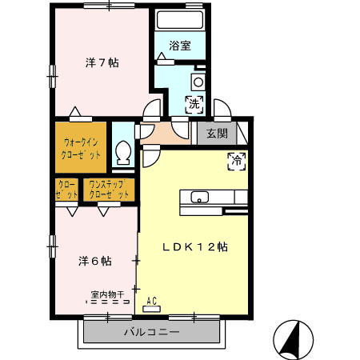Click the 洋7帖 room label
click(102, 62)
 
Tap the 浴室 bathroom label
click(181, 46)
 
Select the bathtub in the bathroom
click(180, 21)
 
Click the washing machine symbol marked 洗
click(194, 102)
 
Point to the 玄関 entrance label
click(218, 134)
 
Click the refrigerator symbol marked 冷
click(237, 159)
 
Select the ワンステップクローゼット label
click(109, 190)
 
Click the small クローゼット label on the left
click(67, 190)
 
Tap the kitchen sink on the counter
click(199, 198)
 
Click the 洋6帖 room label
click(94, 261)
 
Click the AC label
click(152, 301)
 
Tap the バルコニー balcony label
click(151, 331)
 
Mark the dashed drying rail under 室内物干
click(110, 304)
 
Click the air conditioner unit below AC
click(152, 309)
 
